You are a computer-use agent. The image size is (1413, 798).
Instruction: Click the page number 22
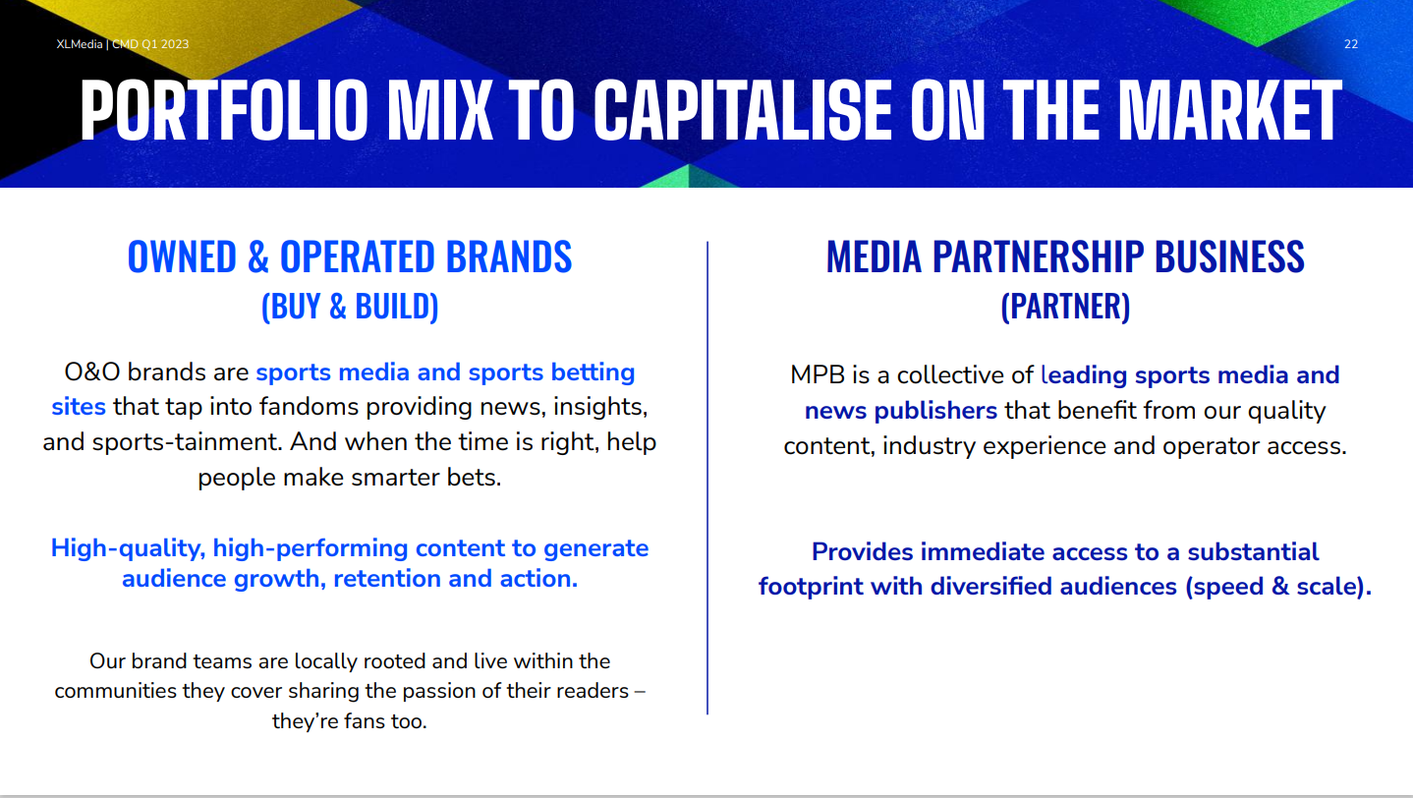tap(1350, 44)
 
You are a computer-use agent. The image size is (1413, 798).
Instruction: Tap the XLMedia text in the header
tap(80, 44)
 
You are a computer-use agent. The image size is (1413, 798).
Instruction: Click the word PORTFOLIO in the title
tap(224, 109)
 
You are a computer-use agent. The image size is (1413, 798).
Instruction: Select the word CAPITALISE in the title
tap(743, 109)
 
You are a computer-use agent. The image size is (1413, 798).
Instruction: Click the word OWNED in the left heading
tap(183, 256)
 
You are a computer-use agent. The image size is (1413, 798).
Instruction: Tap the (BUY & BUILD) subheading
tap(350, 307)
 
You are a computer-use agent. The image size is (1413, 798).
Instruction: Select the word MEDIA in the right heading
tap(875, 256)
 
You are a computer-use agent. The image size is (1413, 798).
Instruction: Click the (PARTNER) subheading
tap(1065, 307)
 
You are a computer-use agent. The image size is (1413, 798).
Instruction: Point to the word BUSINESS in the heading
tap(1229, 256)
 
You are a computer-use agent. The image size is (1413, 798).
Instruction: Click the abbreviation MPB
tap(818, 374)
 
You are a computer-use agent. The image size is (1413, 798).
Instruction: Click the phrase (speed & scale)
tap(1278, 587)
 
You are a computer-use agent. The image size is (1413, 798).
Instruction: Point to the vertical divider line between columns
tap(707, 478)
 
